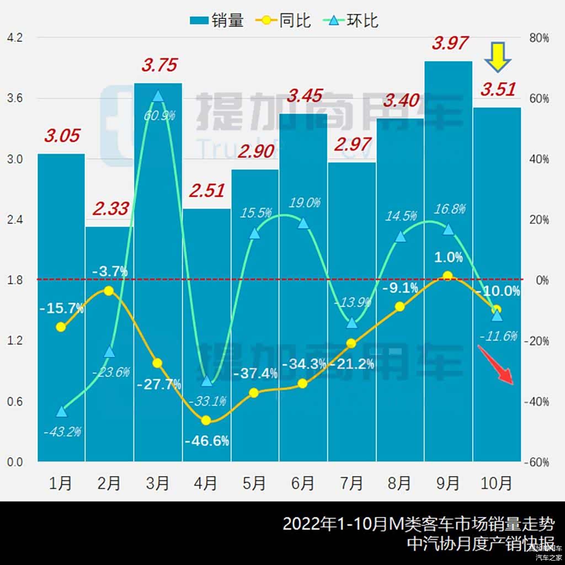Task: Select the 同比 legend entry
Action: coord(284,21)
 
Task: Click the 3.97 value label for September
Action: coord(450,43)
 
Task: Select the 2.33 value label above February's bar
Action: coord(110,209)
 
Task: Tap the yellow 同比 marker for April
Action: coord(206,420)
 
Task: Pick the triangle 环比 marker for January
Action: coord(62,412)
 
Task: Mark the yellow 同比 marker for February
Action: coord(109,291)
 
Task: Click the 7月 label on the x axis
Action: coord(351,483)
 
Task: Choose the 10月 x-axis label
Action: coord(497,483)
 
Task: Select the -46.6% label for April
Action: coord(207,441)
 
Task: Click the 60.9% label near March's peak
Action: coord(159,116)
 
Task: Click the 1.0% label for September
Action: coord(448,257)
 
